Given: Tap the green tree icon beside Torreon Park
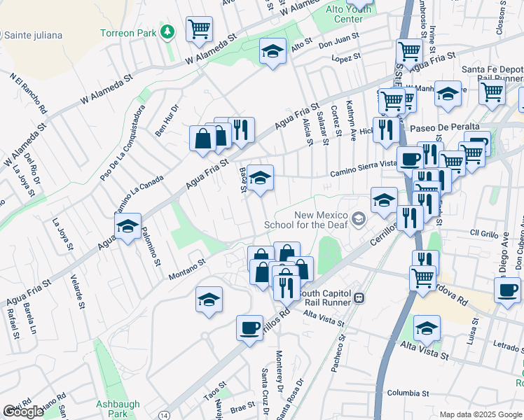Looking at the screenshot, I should coord(167,32).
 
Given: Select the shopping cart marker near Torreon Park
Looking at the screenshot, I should coord(200,29).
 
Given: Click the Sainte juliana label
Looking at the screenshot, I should coord(33,35).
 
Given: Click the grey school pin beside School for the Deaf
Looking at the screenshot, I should coord(359,220).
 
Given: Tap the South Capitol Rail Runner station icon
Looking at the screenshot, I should coord(359,297).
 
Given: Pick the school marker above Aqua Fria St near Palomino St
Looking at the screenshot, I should coord(127,226).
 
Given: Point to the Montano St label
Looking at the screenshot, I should coord(186,269).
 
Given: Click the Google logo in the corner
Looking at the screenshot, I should coord(23,412).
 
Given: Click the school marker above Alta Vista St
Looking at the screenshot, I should coord(426,328).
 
